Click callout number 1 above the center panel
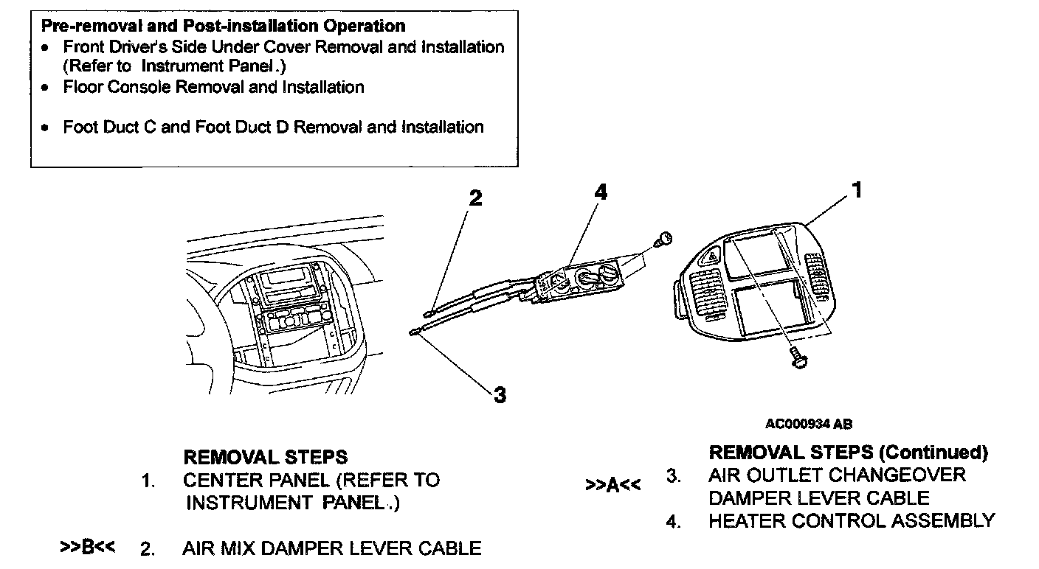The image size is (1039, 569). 857,191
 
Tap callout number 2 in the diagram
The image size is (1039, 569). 476,198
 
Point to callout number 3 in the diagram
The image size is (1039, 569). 500,395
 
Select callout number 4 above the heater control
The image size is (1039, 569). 601,192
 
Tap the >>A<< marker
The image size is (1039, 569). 612,486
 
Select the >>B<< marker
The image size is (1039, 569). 87,548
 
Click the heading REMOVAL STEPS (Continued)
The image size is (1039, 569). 848,452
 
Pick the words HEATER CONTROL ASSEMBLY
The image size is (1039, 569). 852,521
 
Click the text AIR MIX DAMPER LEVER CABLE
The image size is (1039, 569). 331,548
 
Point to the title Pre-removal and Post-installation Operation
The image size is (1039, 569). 223,27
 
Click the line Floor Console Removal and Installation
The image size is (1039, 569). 213,87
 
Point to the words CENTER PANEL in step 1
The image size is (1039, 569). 255,481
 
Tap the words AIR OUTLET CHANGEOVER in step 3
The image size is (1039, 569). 837,475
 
